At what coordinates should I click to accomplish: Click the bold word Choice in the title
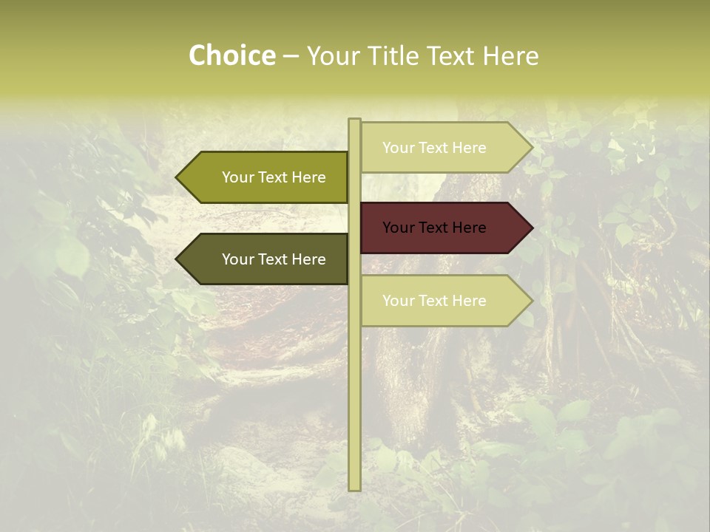[x=231, y=56]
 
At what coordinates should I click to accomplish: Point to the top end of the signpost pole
[x=354, y=120]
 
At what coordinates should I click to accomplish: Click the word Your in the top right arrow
[x=398, y=148]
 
